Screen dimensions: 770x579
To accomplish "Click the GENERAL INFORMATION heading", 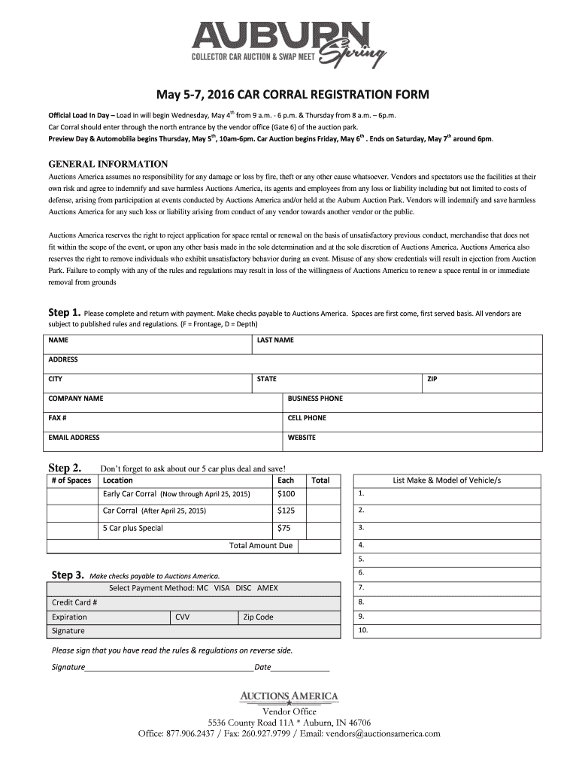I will pyautogui.click(x=108, y=164).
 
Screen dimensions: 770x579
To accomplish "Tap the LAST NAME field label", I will pyautogui.click(x=274, y=341).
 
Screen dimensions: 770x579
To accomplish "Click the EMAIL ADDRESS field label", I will pyautogui.click(x=74, y=438).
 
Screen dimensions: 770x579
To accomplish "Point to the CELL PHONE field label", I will pyautogui.click(x=307, y=418).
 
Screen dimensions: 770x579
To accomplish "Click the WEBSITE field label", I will pyautogui.click(x=302, y=438).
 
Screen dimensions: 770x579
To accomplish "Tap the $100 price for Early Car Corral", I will pyautogui.click(x=286, y=494).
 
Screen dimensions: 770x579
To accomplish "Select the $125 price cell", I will pyautogui.click(x=286, y=511).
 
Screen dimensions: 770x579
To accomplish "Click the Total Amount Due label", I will pyautogui.click(x=260, y=546).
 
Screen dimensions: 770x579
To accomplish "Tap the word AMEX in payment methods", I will pyautogui.click(x=268, y=587).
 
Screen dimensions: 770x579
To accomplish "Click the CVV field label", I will pyautogui.click(x=182, y=617).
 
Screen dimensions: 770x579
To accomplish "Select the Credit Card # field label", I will pyautogui.click(x=74, y=602).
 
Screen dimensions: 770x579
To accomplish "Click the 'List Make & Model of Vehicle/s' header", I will pyautogui.click(x=447, y=480).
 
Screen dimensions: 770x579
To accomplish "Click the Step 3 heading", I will pyautogui.click(x=67, y=575).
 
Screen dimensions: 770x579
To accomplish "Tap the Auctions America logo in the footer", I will pyautogui.click(x=289, y=696).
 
